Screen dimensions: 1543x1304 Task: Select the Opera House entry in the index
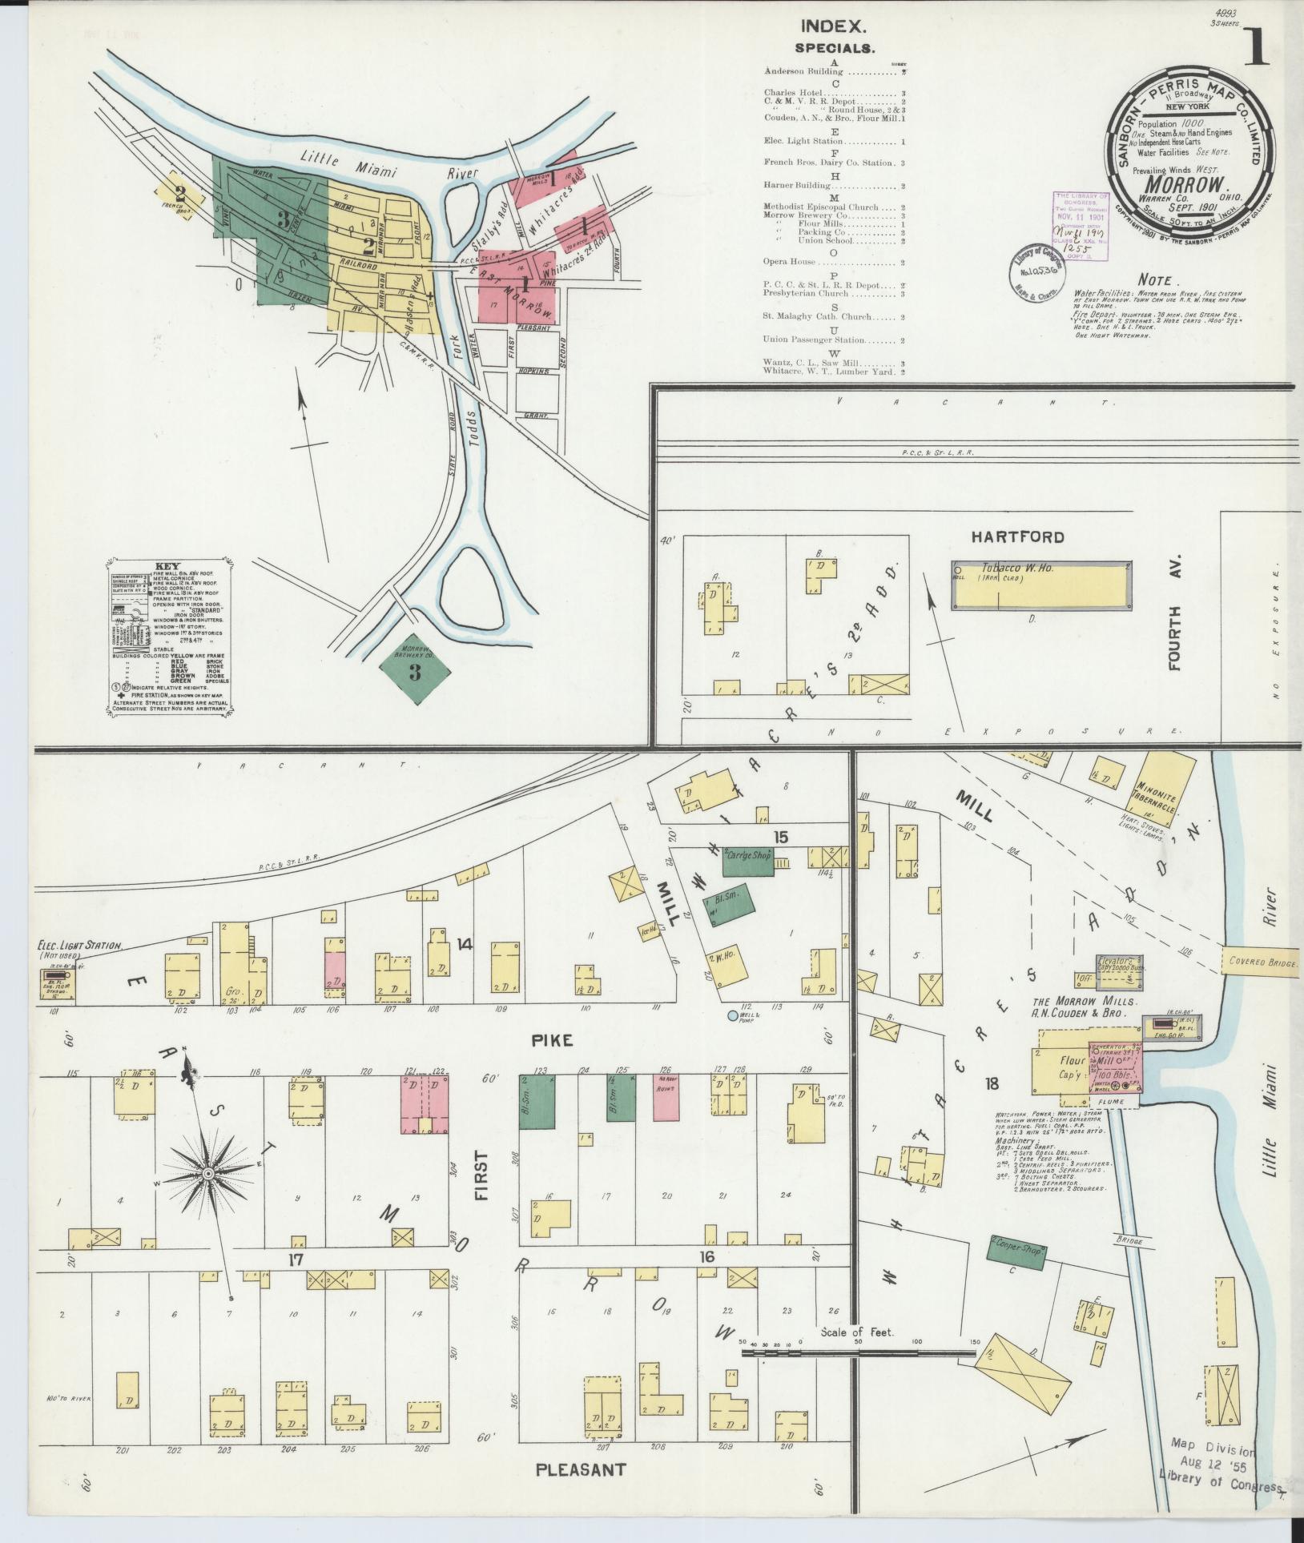(x=790, y=262)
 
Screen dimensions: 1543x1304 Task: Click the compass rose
(x=207, y=1173)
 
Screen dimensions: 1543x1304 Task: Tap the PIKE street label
(x=553, y=1039)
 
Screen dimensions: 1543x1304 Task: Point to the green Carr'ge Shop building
(x=749, y=861)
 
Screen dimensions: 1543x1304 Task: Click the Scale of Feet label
(x=855, y=1333)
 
